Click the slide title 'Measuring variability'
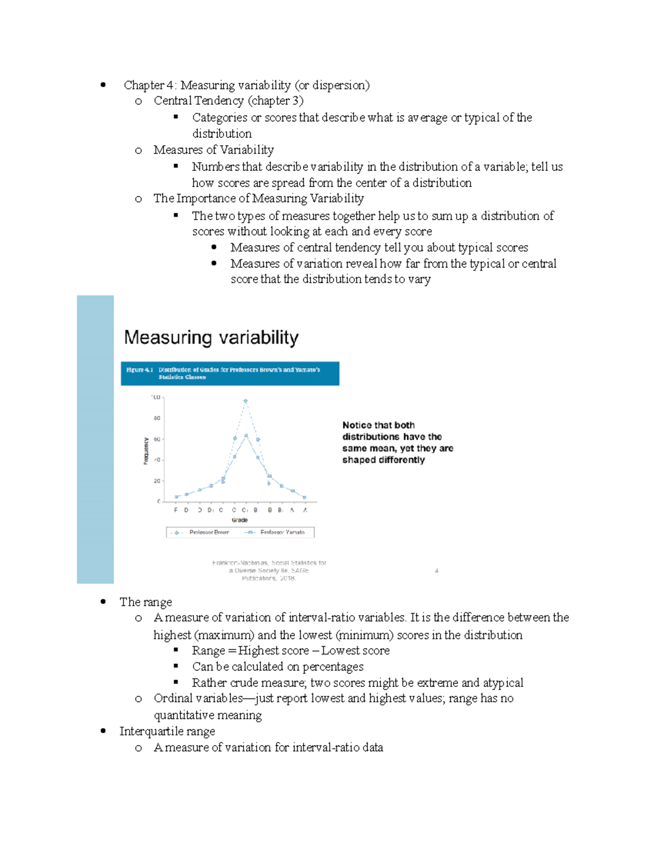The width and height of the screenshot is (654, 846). (211, 337)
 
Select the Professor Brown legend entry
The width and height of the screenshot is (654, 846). (209, 532)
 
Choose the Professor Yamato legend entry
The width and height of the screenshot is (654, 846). (282, 532)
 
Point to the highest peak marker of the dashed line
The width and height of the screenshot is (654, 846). (246, 401)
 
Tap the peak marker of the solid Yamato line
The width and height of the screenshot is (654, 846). (246, 435)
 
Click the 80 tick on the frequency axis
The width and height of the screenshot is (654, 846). (157, 418)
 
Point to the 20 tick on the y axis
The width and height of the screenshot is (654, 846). (157, 481)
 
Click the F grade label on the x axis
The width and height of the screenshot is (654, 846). (175, 510)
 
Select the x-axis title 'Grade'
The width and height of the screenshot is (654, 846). (239, 520)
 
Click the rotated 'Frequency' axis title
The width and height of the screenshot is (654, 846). (146, 451)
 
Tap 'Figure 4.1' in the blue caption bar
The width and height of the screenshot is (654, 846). (140, 370)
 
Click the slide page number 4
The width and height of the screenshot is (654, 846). (437, 571)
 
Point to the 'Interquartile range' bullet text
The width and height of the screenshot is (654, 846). (167, 731)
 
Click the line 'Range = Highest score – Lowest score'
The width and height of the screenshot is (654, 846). (290, 650)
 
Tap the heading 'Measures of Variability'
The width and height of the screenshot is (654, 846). (214, 150)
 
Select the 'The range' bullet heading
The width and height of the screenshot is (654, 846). (146, 602)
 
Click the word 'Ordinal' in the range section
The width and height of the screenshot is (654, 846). (174, 698)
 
